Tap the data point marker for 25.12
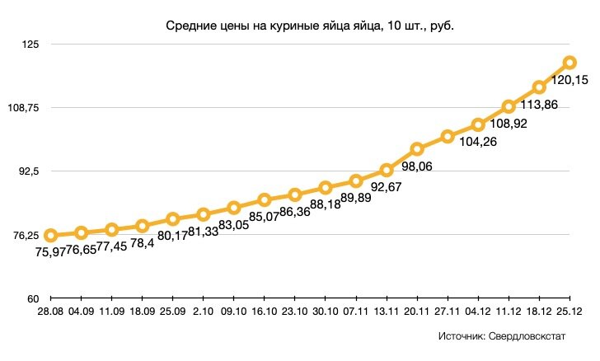[570, 63]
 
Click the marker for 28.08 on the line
[50, 236]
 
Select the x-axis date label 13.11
[386, 312]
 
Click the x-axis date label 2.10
[203, 312]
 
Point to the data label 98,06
[416, 166]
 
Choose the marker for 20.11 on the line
[417, 149]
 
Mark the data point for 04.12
[477, 125]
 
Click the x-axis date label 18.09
[142, 312]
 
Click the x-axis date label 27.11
[447, 312]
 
